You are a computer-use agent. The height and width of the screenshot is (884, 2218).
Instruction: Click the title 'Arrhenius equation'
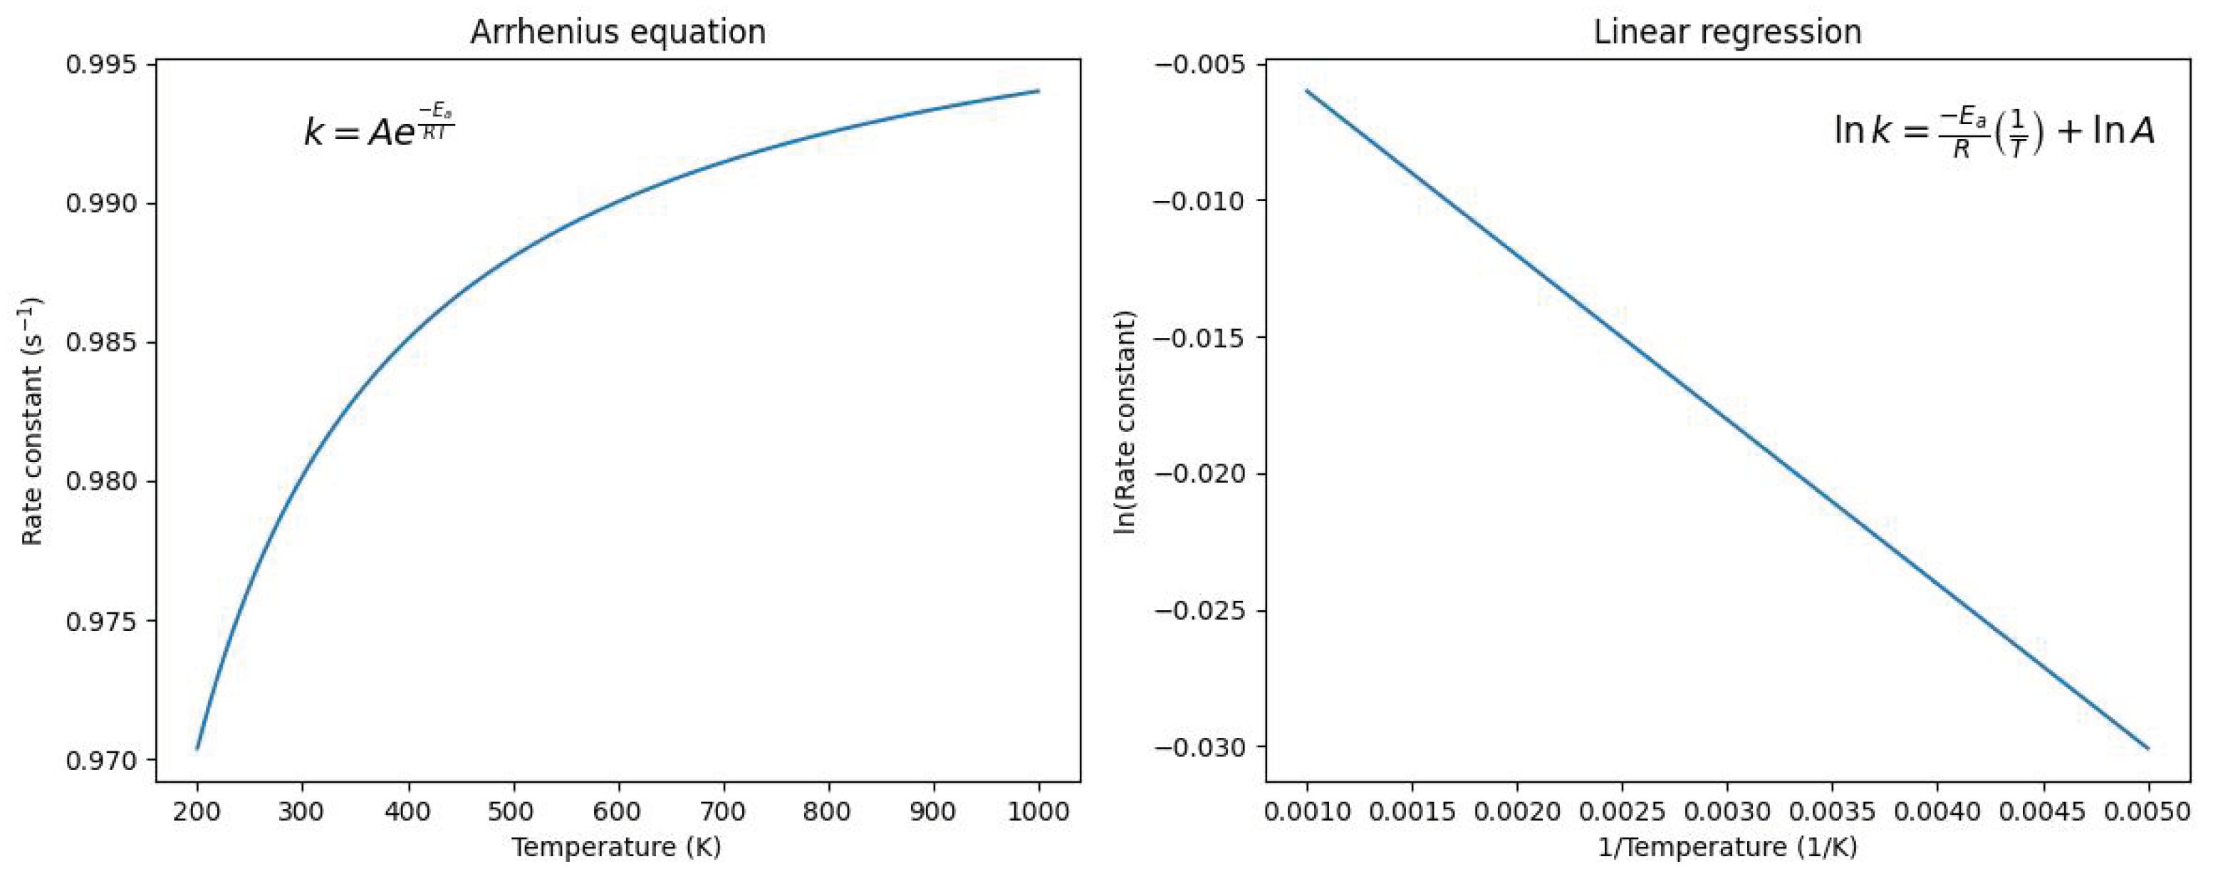click(618, 32)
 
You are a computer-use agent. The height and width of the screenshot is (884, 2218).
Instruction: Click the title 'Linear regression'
click(1727, 32)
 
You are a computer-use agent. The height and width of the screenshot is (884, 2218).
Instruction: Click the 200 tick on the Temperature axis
click(197, 811)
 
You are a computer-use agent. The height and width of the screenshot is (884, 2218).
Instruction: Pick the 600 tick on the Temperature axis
click(618, 811)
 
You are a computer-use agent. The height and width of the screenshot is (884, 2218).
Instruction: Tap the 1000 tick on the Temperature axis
click(1038, 811)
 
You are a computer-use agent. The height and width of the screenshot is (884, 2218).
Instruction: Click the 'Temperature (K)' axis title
click(617, 848)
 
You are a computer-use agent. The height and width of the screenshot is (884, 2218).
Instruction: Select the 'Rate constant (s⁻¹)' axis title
click(33, 422)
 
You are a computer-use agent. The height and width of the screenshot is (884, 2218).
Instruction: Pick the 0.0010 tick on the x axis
click(1306, 811)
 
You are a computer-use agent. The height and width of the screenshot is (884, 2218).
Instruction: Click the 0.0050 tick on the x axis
click(2147, 811)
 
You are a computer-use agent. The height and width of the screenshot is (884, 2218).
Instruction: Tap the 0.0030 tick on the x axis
click(1727, 811)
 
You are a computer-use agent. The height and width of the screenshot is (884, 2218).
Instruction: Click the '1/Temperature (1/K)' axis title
click(1727, 848)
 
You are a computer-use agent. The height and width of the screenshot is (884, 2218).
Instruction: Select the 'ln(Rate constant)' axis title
click(1125, 422)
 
